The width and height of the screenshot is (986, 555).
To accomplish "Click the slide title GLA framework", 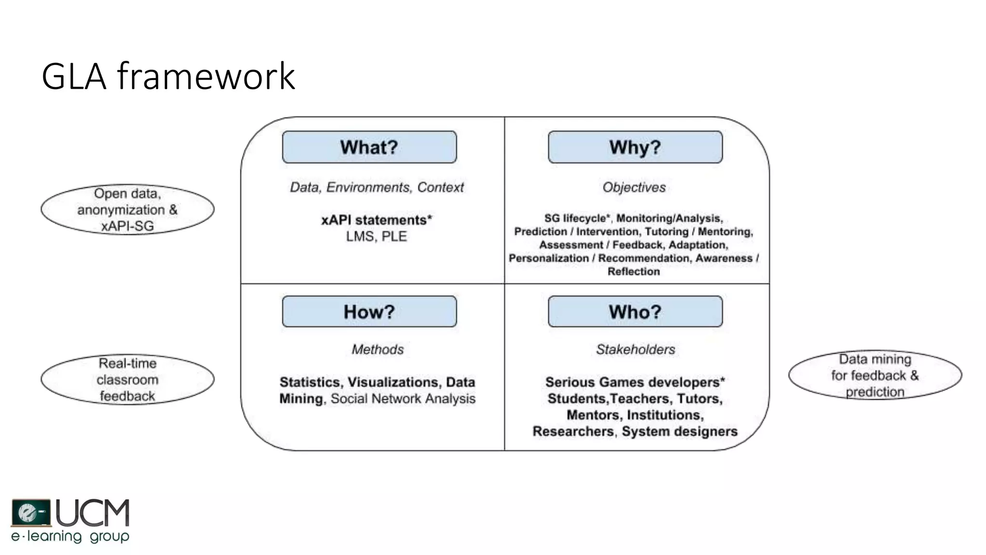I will click(168, 76).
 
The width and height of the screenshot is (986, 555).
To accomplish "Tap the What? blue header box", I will click(369, 147).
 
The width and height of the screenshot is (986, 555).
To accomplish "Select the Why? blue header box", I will click(635, 147).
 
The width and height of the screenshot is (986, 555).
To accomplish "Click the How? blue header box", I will click(369, 312).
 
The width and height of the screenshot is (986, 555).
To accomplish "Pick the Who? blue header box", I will click(635, 312).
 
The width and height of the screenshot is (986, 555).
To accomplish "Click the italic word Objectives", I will click(634, 187).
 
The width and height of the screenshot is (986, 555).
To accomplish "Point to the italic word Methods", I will click(377, 349).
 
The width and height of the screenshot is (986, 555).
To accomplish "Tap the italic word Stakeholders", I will click(636, 349).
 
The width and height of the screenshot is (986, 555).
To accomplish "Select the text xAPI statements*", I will click(376, 220).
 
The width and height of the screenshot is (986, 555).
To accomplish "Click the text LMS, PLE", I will click(376, 237).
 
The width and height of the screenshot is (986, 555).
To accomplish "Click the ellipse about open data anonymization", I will click(128, 210).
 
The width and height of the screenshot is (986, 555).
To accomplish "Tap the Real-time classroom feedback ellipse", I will click(128, 380).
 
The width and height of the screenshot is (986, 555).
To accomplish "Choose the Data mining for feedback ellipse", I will click(875, 375).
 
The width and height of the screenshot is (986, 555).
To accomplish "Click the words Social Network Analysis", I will click(403, 399).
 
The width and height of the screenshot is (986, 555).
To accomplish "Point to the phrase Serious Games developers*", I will click(635, 383).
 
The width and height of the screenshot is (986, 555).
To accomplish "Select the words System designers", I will click(679, 431).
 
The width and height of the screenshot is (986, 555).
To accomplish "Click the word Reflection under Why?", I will click(634, 272).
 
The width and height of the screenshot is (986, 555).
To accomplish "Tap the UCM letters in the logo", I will click(93, 513).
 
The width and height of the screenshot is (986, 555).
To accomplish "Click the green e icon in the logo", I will click(30, 513).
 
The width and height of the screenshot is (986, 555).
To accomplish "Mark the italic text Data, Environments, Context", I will click(376, 187).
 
